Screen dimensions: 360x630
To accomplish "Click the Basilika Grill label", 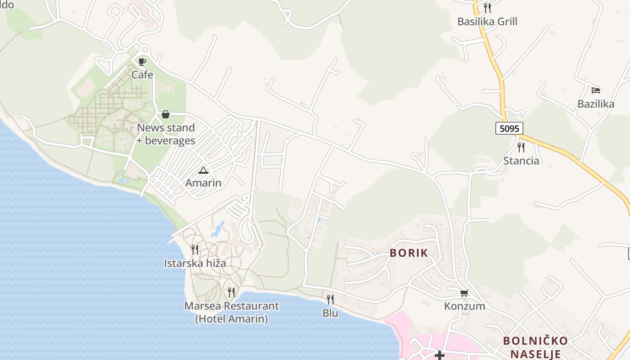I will point(487,22).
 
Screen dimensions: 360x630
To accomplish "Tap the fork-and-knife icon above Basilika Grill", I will point(487,8).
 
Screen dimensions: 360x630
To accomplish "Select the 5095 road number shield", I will point(509,128).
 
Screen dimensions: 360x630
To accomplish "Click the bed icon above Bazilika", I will point(596,90).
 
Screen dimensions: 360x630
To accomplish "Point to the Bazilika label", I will point(596,104).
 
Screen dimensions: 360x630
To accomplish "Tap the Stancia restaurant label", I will point(521,161).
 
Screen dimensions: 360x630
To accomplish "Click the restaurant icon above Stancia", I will point(521,147).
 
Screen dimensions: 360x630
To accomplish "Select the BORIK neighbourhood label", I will point(409,253).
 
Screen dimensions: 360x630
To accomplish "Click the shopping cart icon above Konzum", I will point(464,293).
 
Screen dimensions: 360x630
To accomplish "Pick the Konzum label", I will point(464,306).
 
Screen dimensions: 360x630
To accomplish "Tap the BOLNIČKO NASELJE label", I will point(535,347).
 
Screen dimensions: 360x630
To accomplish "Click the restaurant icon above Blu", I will point(330,299).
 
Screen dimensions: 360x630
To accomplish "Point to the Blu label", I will point(330,313).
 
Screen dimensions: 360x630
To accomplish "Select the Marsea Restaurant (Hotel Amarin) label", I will point(231,312).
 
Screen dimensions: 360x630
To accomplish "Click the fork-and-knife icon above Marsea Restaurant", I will point(231,292).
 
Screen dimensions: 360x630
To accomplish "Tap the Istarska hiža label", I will point(195,263).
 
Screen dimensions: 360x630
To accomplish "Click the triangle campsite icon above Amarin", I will point(203,170).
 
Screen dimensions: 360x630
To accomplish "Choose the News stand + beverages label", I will point(166,134).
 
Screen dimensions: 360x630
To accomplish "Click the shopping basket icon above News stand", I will point(166,114).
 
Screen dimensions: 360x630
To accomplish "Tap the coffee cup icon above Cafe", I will point(142,62).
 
